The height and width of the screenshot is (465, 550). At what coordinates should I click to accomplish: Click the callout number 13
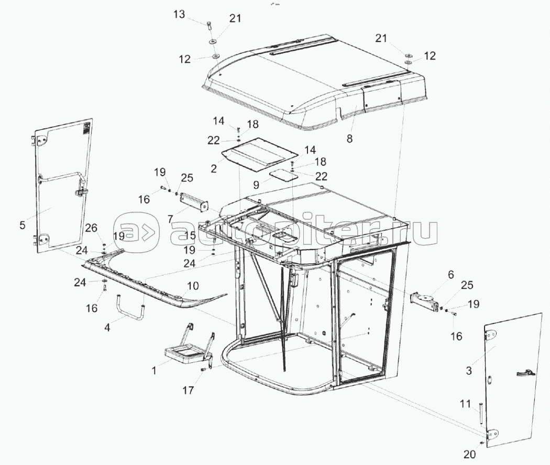(180, 14)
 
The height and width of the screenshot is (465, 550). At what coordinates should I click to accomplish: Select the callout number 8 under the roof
(349, 139)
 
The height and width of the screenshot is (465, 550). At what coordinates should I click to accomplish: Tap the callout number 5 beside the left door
(22, 225)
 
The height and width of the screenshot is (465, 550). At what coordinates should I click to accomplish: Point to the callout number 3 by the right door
(469, 371)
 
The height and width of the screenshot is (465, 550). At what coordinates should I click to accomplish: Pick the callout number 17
(188, 390)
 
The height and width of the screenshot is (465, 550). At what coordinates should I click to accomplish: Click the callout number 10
(193, 286)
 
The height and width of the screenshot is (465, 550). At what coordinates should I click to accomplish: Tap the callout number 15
(190, 236)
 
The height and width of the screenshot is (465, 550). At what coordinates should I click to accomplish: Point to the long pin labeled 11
(480, 414)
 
